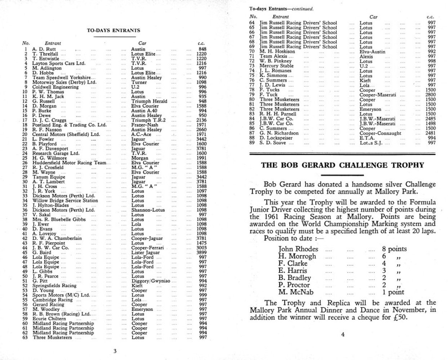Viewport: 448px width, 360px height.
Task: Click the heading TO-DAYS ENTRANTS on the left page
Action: pyautogui.click(x=113, y=31)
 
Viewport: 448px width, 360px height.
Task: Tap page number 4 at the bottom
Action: pyautogui.click(x=342, y=334)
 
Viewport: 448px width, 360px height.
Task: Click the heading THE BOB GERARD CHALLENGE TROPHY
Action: pyautogui.click(x=342, y=166)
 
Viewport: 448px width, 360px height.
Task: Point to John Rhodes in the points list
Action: pyautogui.click(x=298, y=249)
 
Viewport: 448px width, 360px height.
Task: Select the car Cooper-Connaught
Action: pyautogui.click(x=380, y=133)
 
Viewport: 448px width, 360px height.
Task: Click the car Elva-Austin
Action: pyautogui.click(x=372, y=51)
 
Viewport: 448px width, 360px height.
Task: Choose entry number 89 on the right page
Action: pyautogui.click(x=252, y=143)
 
